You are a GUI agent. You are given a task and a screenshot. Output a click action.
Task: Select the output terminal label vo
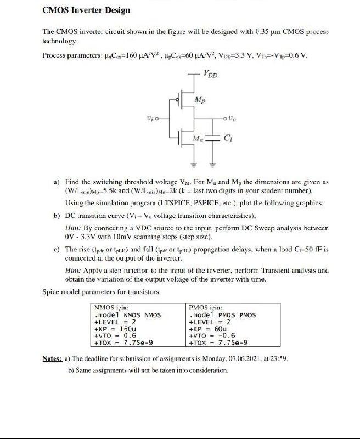[x=233, y=117]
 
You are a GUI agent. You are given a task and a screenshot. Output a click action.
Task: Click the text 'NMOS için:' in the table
[x=112, y=308]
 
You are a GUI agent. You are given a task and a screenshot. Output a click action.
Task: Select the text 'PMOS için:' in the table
[x=206, y=308]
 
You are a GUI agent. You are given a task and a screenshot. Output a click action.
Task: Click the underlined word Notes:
[x=52, y=358]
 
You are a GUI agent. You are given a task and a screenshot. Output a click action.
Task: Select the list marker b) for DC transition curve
[x=57, y=215]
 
